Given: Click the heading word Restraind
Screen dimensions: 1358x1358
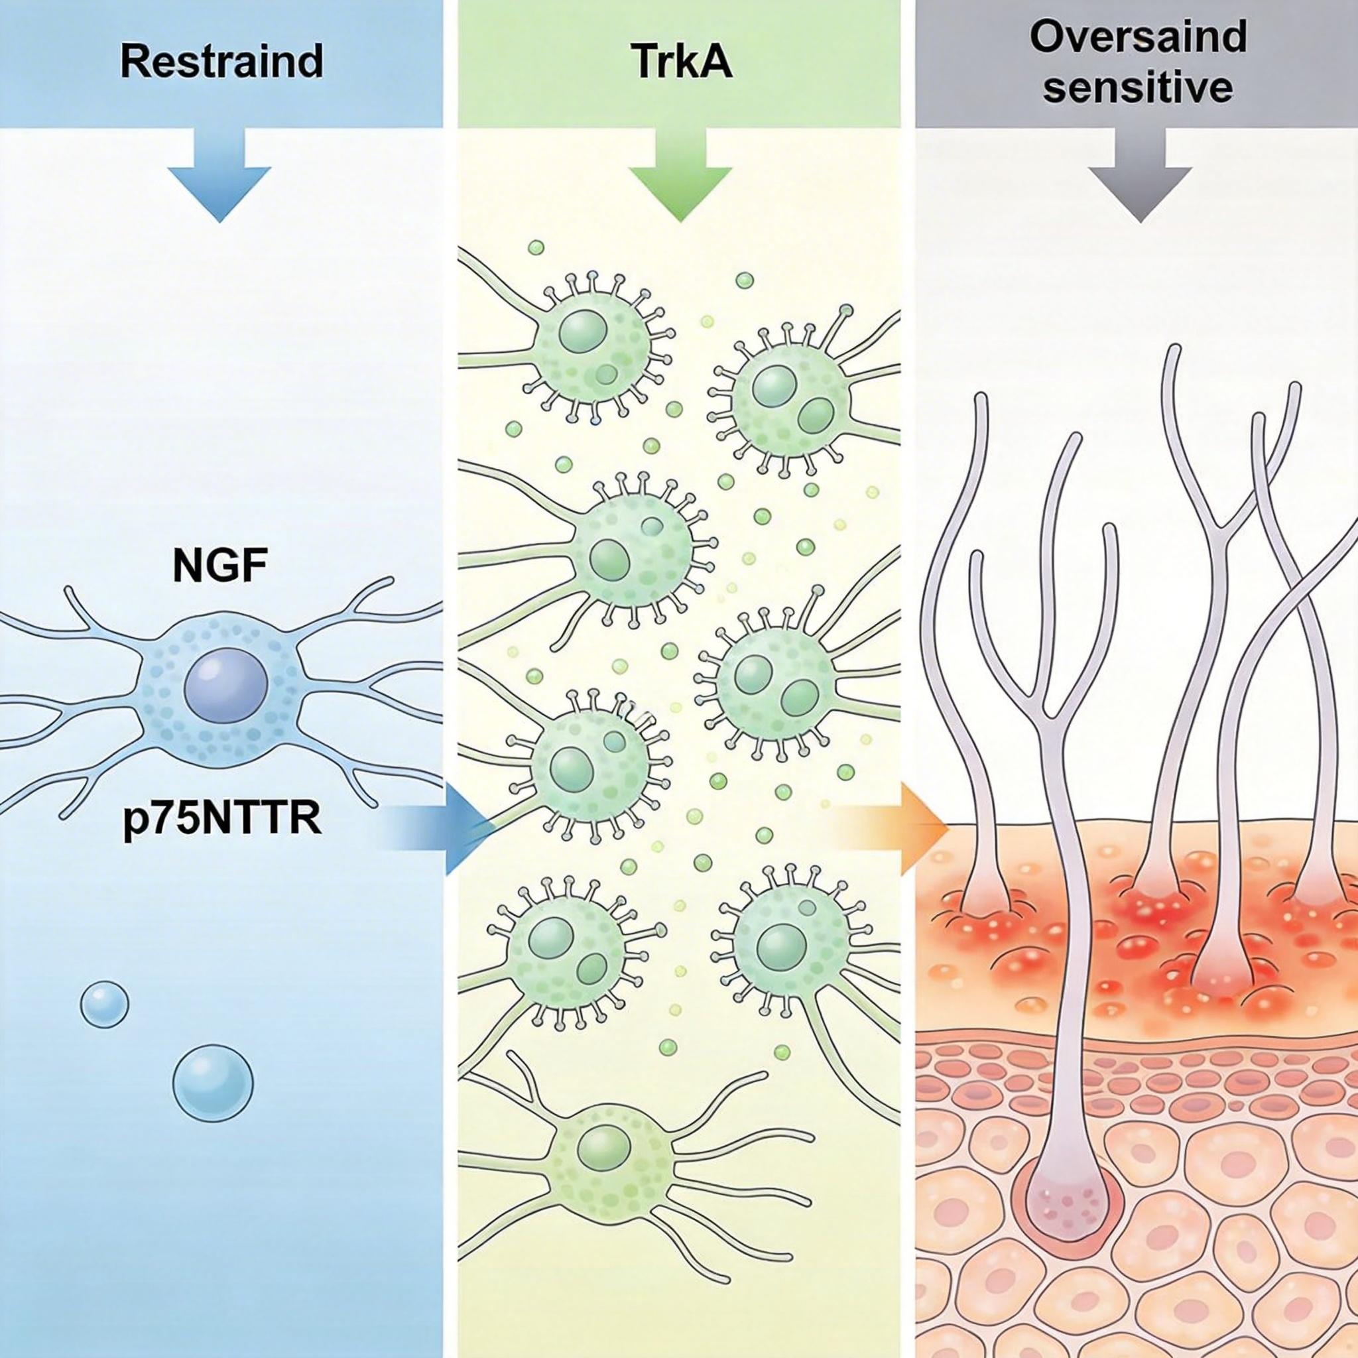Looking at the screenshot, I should tap(221, 62).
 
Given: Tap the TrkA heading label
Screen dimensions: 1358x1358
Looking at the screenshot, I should tap(680, 62).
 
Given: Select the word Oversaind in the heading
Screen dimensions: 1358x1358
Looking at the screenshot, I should tap(1138, 36).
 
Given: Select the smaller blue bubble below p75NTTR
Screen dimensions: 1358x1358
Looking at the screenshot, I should tap(105, 1006).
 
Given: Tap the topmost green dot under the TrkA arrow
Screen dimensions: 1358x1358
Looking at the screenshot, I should tap(536, 247).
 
